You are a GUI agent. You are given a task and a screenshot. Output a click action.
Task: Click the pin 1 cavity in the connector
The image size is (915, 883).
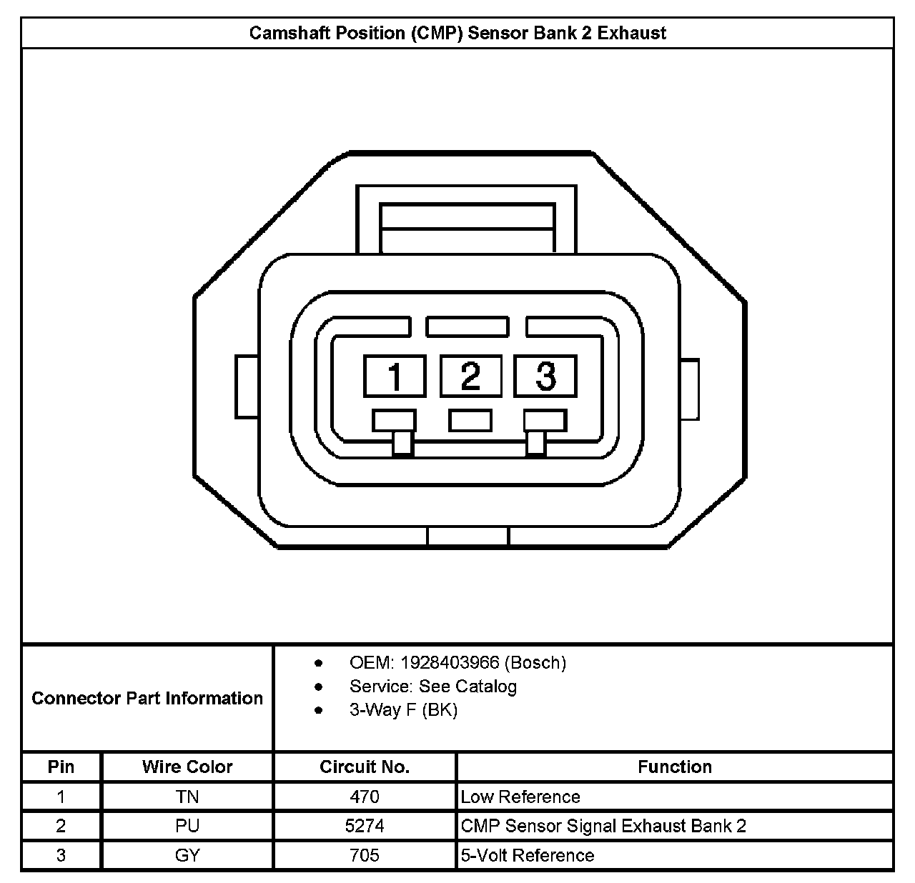395,376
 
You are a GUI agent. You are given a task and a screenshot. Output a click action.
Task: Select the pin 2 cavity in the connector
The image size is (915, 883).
470,376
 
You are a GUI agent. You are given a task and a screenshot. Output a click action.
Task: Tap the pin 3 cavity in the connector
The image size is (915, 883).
545,376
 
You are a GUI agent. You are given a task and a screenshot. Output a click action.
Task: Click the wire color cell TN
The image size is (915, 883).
187,797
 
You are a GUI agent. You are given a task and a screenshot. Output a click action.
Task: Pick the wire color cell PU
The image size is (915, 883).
187,826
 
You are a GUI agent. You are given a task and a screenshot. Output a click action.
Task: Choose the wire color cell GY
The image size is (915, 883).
187,855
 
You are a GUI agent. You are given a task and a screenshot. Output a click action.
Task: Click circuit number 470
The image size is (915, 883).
365,797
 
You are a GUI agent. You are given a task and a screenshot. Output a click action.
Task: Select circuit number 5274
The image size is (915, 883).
365,826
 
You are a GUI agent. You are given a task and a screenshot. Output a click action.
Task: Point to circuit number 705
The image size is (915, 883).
365,855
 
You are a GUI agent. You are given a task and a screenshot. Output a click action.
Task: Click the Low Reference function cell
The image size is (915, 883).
520,797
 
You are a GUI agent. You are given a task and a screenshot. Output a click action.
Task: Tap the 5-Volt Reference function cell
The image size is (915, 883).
528,855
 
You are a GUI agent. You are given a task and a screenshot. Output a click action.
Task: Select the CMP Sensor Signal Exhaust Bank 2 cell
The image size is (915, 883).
603,826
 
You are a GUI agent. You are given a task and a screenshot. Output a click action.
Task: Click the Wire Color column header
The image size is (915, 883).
187,767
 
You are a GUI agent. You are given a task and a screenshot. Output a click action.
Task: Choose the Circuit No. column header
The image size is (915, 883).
365,767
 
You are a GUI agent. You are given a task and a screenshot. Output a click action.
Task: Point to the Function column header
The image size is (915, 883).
675,767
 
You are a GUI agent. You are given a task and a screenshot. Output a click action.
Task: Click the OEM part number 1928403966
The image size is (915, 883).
450,663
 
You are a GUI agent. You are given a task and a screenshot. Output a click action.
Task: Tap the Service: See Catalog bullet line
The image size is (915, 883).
433,687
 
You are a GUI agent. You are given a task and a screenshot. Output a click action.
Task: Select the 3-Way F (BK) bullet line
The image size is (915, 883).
403,710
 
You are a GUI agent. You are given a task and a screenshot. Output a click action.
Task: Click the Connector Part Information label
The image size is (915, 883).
147,698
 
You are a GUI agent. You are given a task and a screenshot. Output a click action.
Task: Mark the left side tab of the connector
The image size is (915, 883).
247,386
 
